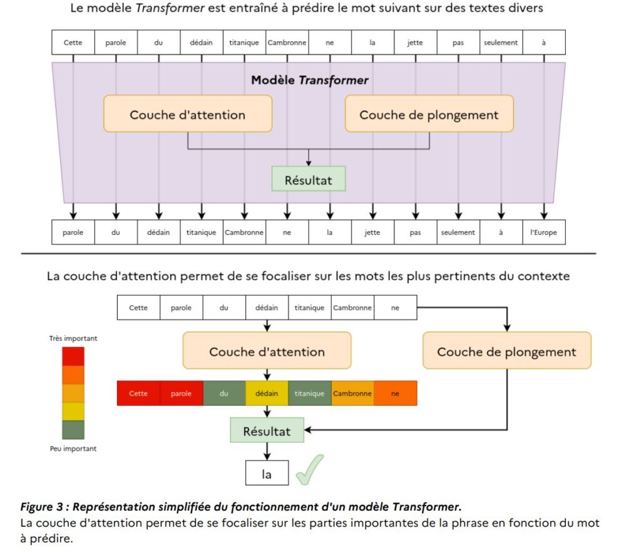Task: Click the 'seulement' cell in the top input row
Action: click(501, 43)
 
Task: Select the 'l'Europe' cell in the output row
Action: click(543, 232)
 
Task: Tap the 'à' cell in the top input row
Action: click(543, 43)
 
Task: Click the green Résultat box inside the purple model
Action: click(309, 180)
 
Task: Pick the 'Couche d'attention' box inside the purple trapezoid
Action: click(188, 114)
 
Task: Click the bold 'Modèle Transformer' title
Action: click(309, 80)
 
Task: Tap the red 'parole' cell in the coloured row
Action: click(181, 393)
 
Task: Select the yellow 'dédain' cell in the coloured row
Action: click(267, 393)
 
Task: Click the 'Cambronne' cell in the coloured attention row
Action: click(352, 393)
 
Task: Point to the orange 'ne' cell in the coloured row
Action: click(395, 393)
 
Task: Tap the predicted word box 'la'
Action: click(267, 474)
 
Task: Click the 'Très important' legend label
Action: click(73, 338)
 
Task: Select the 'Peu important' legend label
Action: click(73, 449)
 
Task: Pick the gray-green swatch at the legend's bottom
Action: click(73, 429)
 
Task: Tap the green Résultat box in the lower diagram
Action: click(267, 431)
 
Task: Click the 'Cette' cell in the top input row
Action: click(73, 43)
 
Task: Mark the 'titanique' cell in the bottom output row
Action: click(201, 232)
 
